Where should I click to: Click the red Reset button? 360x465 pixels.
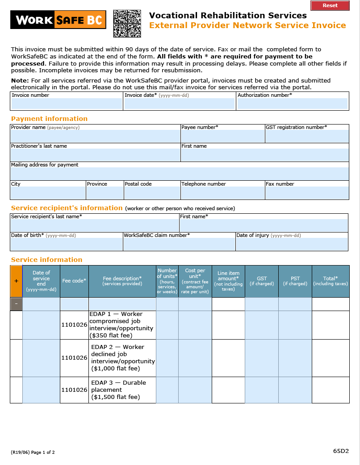330,5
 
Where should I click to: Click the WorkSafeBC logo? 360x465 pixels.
58,20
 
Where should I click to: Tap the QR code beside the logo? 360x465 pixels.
127,23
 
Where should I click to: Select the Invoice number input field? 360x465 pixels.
67,104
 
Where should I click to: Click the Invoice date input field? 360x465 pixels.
179,104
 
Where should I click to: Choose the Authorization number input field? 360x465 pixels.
292,104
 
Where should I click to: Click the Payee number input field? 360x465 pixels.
222,136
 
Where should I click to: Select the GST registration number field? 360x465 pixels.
307,136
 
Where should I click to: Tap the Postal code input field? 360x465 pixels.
152,193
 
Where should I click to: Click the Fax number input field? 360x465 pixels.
307,193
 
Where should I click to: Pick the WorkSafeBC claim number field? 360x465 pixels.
179,244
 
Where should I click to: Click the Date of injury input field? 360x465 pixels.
292,244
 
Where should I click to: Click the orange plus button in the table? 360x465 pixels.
16,281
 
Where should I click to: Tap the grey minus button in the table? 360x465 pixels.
16,304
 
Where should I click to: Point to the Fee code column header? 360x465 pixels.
74,281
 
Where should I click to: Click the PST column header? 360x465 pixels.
295,281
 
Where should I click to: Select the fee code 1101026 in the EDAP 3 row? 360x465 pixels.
74,390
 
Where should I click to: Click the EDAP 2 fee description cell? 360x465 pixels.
122,357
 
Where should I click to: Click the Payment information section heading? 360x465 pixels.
49,119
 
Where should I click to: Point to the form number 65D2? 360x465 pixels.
340,451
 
